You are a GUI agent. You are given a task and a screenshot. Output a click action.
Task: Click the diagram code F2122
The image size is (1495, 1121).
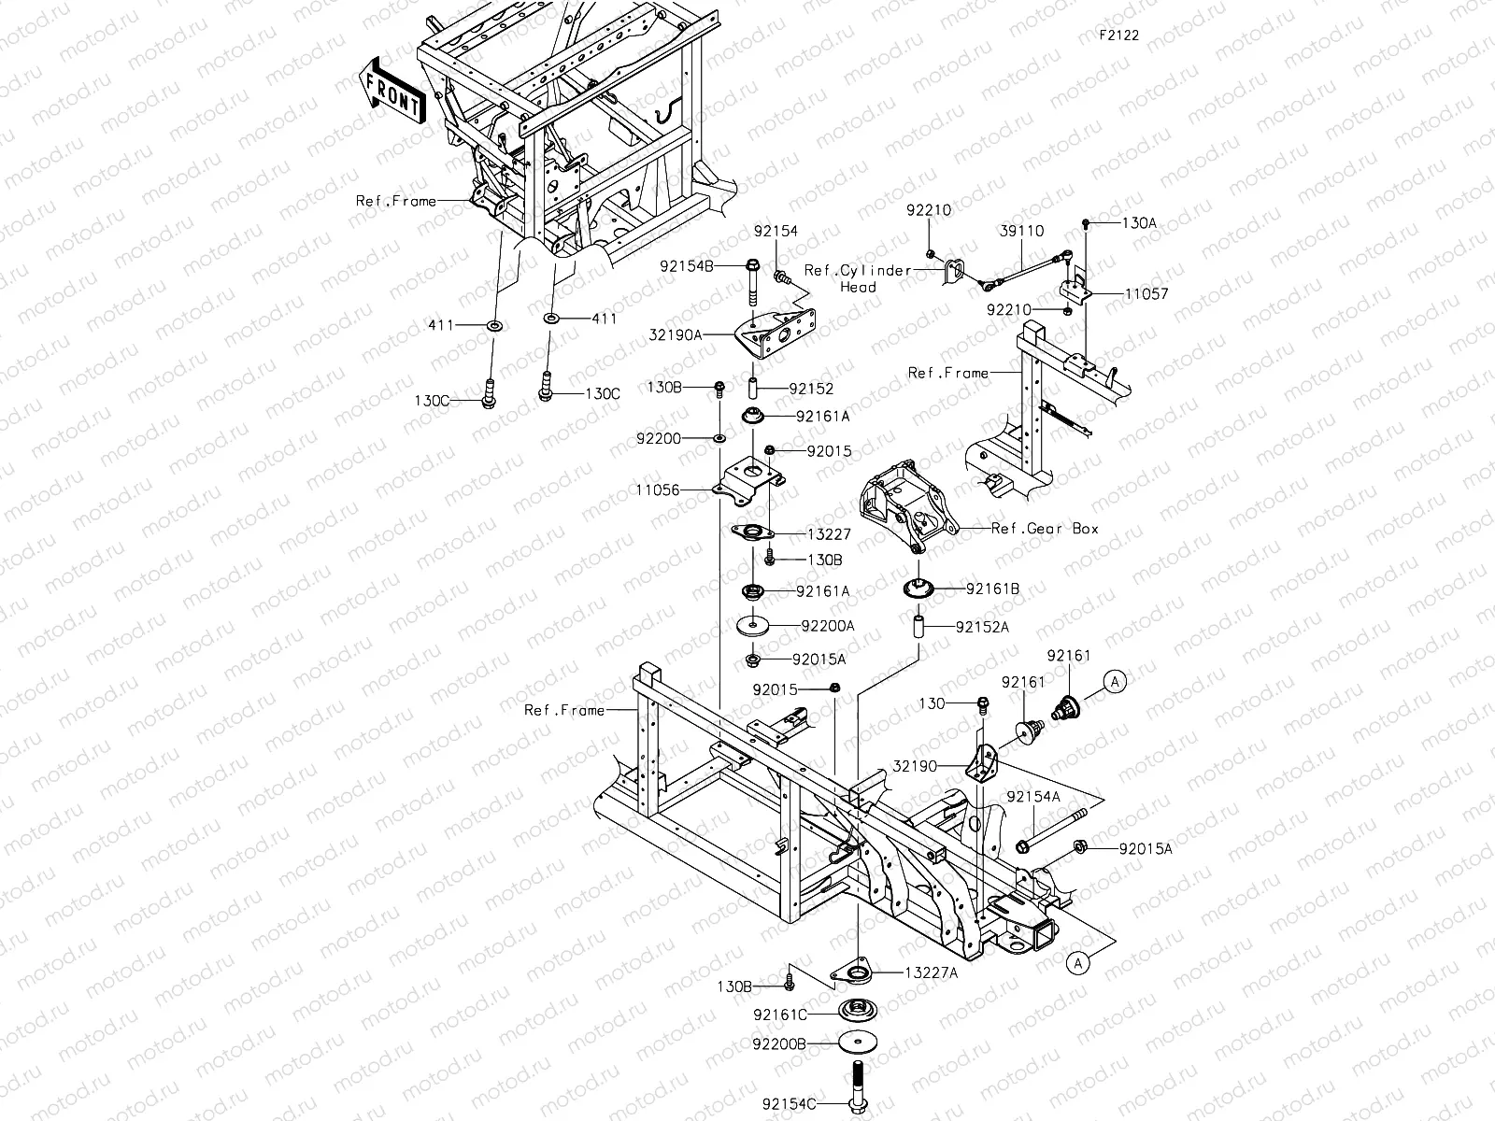(1118, 35)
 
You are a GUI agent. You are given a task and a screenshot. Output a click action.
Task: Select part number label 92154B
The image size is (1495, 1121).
(687, 266)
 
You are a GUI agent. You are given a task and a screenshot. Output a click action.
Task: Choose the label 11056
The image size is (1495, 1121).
(657, 490)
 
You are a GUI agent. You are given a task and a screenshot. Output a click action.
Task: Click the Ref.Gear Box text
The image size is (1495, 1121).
(1045, 529)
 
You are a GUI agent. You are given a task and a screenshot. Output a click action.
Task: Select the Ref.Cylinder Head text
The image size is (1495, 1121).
(857, 278)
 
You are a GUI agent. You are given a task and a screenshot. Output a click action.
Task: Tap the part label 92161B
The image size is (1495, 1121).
(992, 589)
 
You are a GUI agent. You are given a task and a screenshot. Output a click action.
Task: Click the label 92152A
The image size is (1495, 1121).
(982, 628)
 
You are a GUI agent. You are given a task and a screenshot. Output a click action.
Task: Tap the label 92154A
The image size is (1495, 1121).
(1033, 797)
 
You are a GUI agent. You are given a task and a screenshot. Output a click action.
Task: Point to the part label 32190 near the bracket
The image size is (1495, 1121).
(915, 766)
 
